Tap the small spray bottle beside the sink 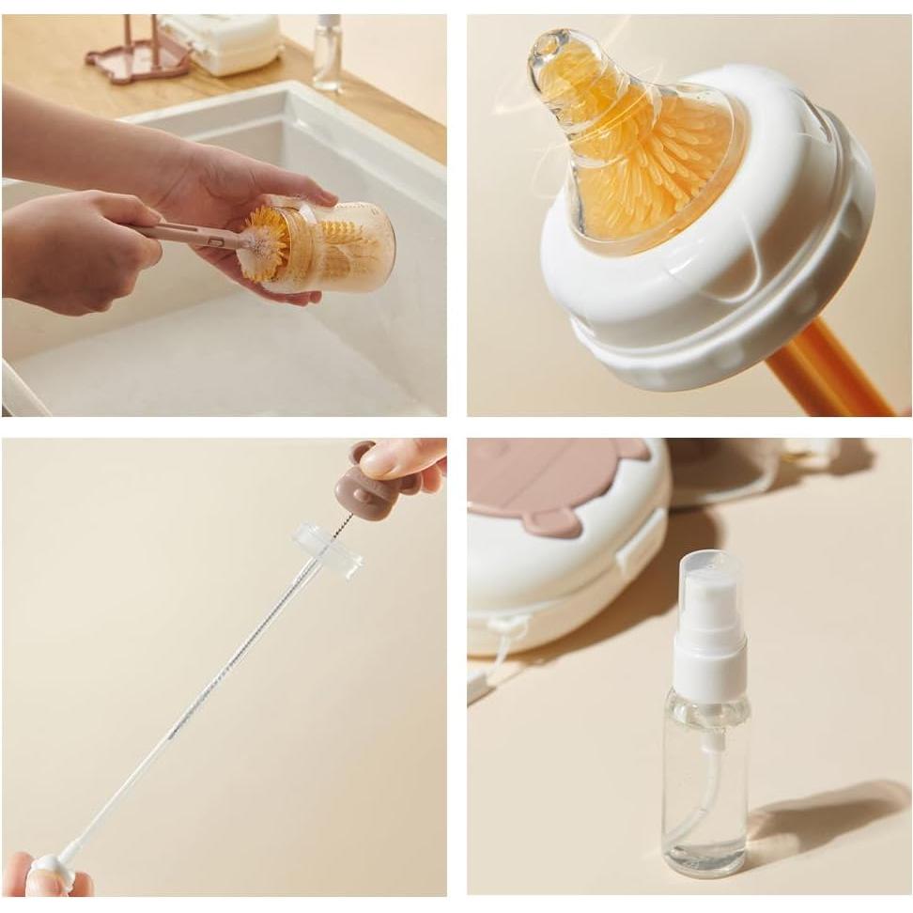328,54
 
